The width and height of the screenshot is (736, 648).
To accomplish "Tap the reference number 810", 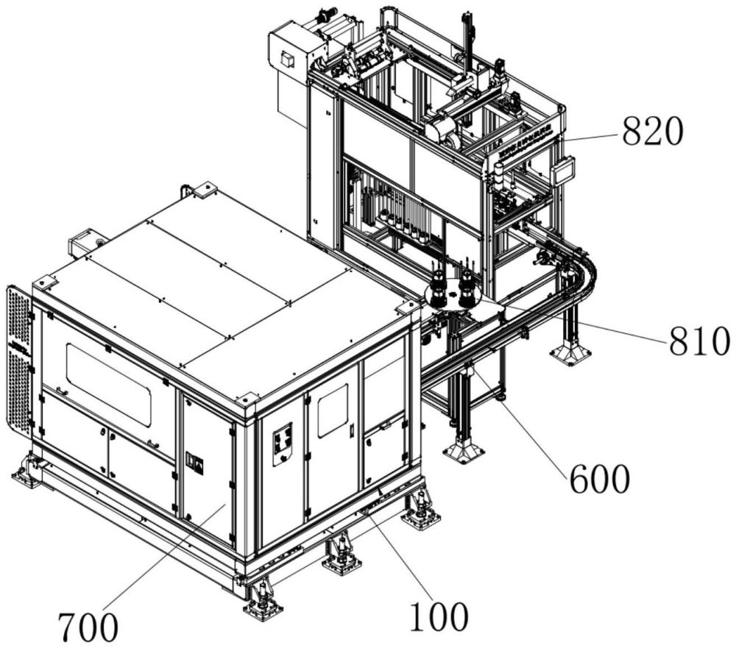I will (x=699, y=341).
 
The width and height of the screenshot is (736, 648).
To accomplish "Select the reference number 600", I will (x=598, y=480).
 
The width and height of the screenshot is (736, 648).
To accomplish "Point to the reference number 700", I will (x=88, y=628).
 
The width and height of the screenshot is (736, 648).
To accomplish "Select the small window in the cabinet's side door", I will (x=332, y=410).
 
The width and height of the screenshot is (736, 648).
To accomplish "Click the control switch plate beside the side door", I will (x=283, y=444).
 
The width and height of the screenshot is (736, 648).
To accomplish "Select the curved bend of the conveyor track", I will (x=585, y=272).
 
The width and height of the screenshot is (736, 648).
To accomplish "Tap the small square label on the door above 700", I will (x=195, y=463).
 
